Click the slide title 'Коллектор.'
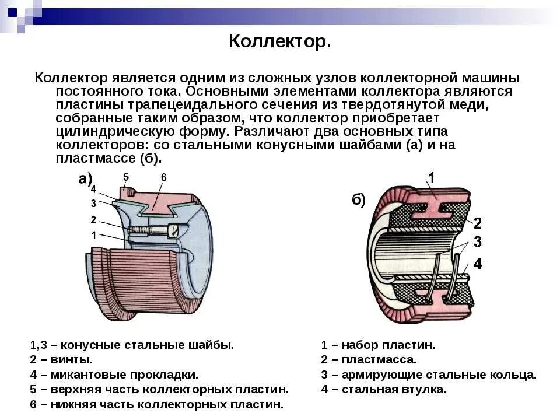click(279, 42)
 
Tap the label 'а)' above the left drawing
click(86, 178)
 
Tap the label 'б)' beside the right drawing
click(358, 200)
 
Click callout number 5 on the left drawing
click(126, 176)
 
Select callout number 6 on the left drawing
click(164, 177)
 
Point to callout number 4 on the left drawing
click(93, 189)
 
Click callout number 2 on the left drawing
click(93, 220)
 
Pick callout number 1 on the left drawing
click(93, 235)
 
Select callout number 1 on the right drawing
click(432, 178)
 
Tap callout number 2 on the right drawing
click(477, 222)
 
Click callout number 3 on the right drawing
click(477, 242)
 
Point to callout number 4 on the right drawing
click(477, 264)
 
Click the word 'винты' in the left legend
click(73, 359)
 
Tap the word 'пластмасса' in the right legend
click(379, 359)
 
